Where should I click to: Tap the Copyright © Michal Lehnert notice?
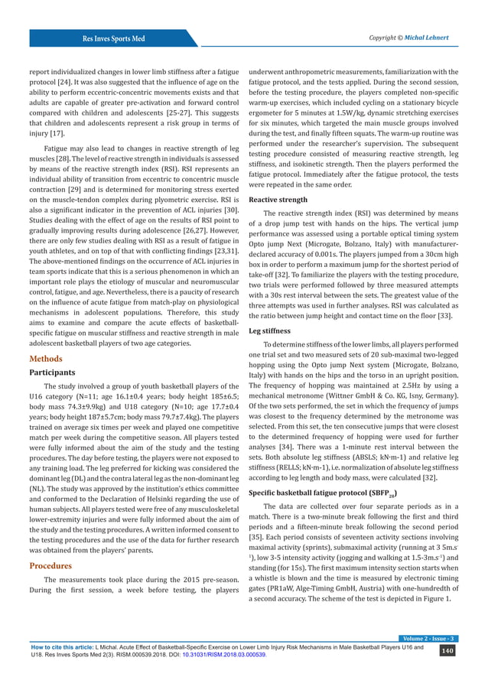point(408,37)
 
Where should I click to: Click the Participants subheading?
point(57,373)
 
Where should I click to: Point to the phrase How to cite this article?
point(60,666)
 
